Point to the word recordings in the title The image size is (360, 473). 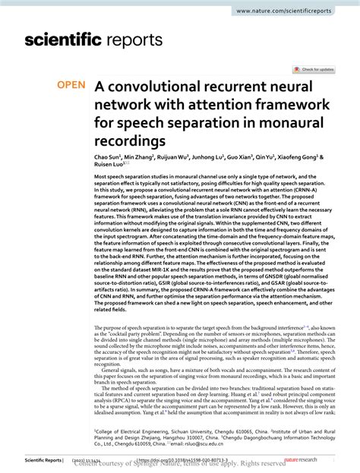point(153,142)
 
